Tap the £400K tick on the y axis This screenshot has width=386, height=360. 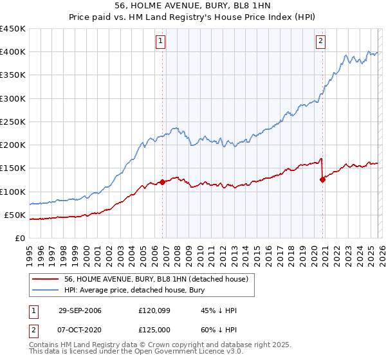click(13, 52)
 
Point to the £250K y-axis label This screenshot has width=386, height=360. click(13, 122)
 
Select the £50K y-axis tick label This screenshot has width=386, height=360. click(15, 215)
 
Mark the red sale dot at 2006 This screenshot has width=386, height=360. click(162, 182)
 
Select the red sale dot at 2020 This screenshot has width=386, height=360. click(322, 180)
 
